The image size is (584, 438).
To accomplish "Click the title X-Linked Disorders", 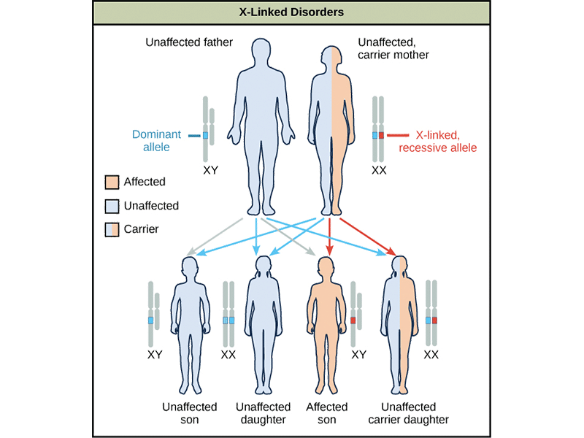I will click(292, 12).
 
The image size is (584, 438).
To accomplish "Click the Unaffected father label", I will click(189, 42).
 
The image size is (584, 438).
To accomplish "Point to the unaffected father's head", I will click(261, 52).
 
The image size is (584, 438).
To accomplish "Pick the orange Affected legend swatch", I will click(112, 182).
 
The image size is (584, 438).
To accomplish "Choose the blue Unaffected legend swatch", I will click(112, 206).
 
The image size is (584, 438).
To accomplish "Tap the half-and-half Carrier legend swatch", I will click(112, 229).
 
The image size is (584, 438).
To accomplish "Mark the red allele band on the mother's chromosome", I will click(381, 136).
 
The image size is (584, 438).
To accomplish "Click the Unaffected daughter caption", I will click(261, 413).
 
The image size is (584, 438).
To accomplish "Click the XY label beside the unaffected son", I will click(155, 356).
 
